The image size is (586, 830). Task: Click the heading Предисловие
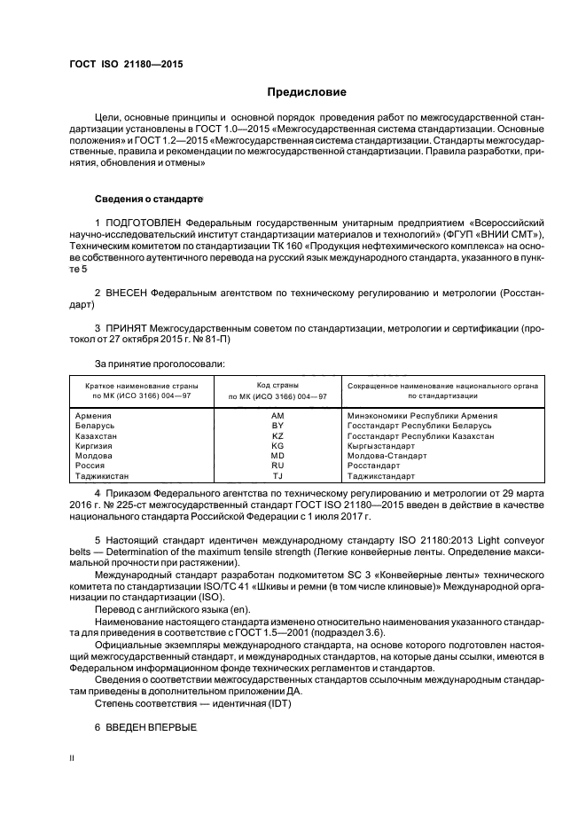tap(307, 92)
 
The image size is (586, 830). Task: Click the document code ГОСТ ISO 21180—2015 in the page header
tap(120, 65)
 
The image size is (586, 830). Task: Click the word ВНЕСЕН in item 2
tap(126, 291)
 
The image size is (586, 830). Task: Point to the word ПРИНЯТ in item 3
tap(127, 328)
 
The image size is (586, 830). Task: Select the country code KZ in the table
tap(277, 436)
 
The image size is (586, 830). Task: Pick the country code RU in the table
tap(277, 466)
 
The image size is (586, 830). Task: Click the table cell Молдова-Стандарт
tap(387, 456)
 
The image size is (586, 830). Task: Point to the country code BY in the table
tap(277, 427)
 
